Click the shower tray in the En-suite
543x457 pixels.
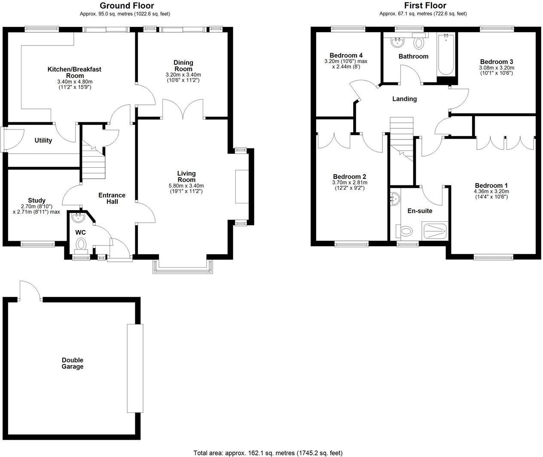(435, 230)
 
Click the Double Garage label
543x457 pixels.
(72, 363)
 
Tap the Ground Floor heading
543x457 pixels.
(127, 6)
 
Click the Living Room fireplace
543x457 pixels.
(241, 186)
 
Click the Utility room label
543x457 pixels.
(43, 140)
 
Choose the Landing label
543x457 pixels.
(404, 99)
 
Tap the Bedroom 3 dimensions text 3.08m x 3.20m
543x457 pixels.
(496, 68)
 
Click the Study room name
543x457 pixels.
(37, 200)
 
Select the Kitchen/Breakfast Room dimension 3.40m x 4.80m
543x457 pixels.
(74, 82)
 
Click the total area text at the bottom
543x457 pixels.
(268, 453)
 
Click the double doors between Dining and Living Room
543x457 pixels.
(183, 109)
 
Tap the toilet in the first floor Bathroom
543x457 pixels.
(418, 43)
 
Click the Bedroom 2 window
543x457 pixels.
(351, 244)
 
